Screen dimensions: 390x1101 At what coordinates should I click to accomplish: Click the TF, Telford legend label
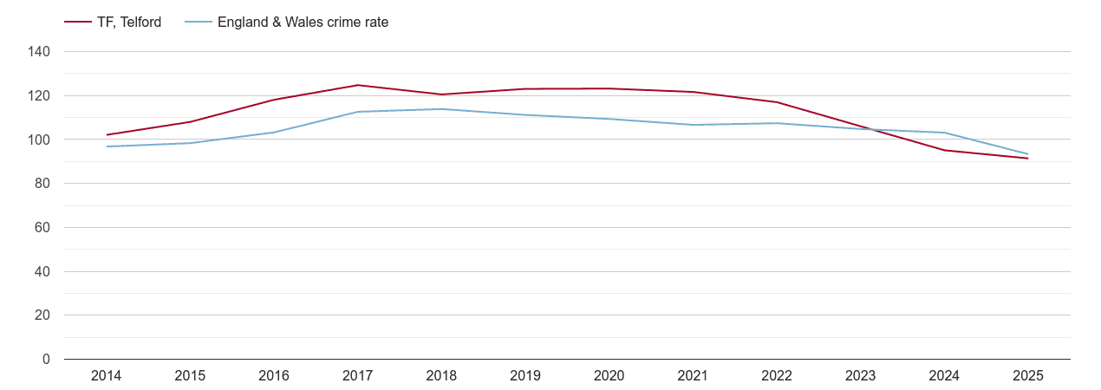(x=129, y=23)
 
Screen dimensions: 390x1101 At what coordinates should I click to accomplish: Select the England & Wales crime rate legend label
(x=303, y=23)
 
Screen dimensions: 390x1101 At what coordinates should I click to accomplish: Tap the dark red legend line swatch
(x=78, y=23)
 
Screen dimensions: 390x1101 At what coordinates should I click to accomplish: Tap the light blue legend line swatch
(x=199, y=23)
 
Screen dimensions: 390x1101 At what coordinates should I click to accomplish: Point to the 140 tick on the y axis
(x=40, y=52)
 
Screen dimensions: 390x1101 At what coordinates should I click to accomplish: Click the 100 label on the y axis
(x=40, y=140)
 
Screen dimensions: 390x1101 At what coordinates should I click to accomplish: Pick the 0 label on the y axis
(x=47, y=360)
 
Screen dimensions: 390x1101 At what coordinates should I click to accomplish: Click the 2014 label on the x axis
(x=107, y=376)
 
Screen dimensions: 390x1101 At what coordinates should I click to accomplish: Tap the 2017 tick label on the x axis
(x=357, y=376)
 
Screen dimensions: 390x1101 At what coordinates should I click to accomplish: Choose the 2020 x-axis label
(x=609, y=376)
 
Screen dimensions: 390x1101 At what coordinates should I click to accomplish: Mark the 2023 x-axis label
(x=860, y=376)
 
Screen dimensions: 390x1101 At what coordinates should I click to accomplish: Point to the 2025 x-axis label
(x=1027, y=376)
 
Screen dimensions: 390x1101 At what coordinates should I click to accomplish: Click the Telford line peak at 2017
(x=357, y=85)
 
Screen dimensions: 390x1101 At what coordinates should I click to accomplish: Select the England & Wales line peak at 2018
(x=441, y=109)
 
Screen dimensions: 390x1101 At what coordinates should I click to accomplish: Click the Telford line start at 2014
(x=107, y=135)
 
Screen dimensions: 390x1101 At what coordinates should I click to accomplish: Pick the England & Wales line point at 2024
(x=944, y=133)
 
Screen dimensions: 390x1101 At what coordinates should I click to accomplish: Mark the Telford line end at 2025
(x=1027, y=159)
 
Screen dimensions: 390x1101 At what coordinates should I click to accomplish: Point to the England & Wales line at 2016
(x=274, y=133)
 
